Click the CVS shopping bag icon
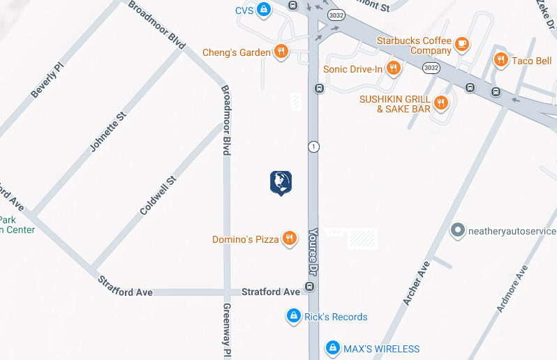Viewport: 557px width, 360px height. (x=263, y=10)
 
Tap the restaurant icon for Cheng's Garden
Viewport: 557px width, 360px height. (x=281, y=52)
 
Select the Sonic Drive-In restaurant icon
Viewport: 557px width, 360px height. (x=394, y=68)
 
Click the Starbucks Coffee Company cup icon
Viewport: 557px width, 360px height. (x=461, y=45)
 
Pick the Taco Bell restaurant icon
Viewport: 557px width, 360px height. (x=500, y=60)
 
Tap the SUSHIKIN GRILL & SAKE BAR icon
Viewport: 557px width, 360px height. (x=440, y=103)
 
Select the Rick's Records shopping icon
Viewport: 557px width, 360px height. (x=294, y=316)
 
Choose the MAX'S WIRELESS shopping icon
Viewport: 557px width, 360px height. (x=333, y=347)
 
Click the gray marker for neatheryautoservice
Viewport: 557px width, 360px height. (x=458, y=230)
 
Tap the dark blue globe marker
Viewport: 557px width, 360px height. (x=281, y=182)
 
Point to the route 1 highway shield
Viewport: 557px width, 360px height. (x=314, y=147)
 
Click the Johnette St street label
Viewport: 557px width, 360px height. (x=107, y=130)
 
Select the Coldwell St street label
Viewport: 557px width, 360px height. (x=158, y=195)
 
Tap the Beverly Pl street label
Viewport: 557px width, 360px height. (x=47, y=80)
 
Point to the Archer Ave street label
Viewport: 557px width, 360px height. (x=416, y=282)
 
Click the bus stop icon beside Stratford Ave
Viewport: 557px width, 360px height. (x=310, y=287)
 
